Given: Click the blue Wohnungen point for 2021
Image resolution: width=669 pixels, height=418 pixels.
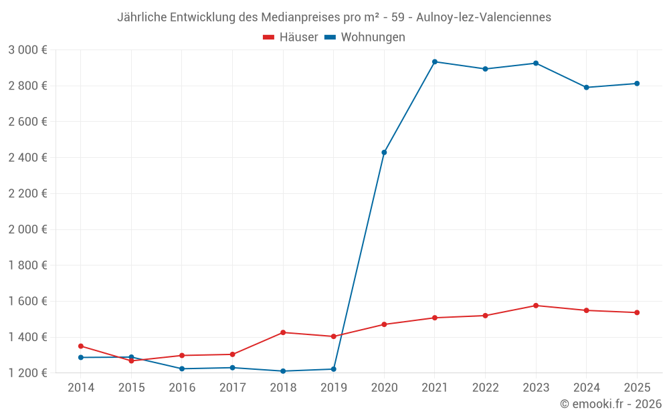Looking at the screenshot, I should [435, 62].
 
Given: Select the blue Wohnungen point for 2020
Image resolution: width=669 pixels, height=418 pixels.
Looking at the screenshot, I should [384, 152].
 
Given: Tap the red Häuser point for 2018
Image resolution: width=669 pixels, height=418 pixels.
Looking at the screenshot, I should [283, 332].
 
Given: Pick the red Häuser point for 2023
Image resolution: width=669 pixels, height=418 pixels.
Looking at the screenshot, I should [536, 306].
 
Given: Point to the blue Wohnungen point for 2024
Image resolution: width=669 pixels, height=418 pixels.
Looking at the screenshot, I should [587, 88].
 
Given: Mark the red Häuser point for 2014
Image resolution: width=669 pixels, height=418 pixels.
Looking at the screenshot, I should [81, 346].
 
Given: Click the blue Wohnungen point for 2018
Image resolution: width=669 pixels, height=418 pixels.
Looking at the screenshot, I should [283, 371].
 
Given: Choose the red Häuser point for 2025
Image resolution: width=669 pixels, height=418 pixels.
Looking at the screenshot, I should [637, 312].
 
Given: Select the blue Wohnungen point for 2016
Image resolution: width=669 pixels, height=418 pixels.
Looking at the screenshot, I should [182, 369].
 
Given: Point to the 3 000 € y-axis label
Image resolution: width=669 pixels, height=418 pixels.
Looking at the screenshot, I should [27, 49].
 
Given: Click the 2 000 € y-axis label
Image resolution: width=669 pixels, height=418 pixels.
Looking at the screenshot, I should [27, 229].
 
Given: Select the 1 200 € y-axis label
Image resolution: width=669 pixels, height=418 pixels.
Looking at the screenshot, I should [27, 373].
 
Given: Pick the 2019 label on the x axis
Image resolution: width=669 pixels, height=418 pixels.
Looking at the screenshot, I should [333, 387].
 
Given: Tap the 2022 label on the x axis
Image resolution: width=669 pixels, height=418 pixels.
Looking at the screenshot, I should [485, 387].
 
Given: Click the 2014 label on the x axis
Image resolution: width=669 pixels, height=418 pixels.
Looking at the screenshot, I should [81, 387].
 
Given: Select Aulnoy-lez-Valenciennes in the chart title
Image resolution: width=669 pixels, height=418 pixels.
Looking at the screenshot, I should [484, 17].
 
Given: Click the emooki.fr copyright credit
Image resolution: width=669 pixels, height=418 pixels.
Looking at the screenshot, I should [610, 404].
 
